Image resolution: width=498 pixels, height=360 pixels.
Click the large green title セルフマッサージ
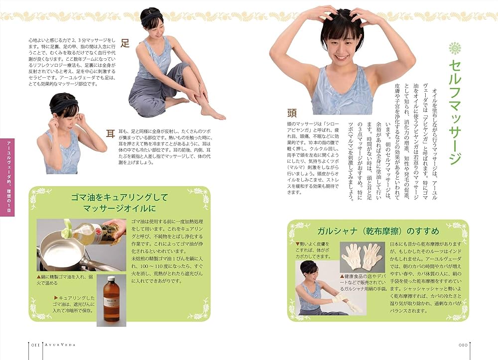click(x=454, y=112)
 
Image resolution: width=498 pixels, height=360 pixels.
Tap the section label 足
click(x=125, y=43)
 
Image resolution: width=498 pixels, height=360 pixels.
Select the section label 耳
click(x=111, y=132)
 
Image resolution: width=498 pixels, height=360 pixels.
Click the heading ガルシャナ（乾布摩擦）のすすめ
click(x=378, y=232)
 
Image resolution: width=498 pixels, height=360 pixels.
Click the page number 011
click(x=33, y=344)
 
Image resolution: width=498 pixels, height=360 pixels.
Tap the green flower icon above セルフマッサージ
click(x=455, y=48)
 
